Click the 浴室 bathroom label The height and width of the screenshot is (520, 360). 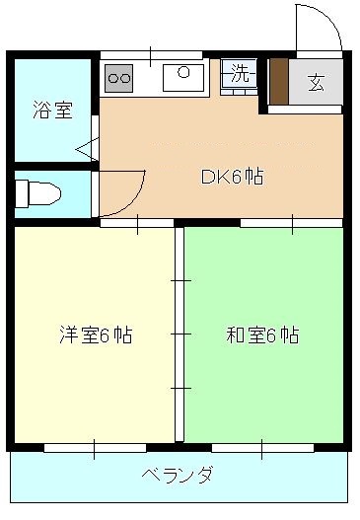click(51, 110)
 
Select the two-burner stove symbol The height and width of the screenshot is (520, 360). click(118, 75)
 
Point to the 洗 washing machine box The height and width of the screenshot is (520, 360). click(239, 72)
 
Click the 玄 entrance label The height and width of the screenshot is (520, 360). click(316, 82)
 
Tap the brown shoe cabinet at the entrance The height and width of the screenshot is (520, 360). click(277, 82)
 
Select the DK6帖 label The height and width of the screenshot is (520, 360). click(232, 179)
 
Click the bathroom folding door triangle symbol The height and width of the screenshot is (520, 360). click(85, 149)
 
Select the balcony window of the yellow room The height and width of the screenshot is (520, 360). click(94, 447)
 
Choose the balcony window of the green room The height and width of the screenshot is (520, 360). click(262, 447)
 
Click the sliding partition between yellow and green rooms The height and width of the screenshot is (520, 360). click(180, 334)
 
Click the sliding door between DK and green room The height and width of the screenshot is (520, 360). click(291, 223)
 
